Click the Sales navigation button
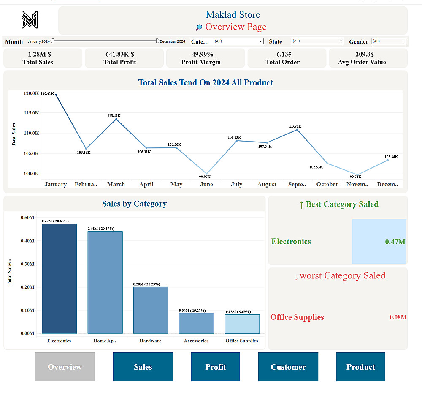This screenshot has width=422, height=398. click(x=143, y=367)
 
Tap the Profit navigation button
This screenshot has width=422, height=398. click(x=215, y=367)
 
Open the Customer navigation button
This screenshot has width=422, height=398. click(x=288, y=367)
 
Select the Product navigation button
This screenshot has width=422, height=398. click(x=360, y=367)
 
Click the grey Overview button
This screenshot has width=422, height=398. click(x=65, y=367)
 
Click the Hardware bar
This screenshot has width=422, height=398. click(x=151, y=310)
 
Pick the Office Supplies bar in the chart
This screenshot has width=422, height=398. click(x=242, y=324)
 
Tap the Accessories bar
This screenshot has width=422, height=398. click(x=196, y=323)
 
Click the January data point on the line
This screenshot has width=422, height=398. click(x=56, y=95)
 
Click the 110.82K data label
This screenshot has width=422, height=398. click(x=295, y=126)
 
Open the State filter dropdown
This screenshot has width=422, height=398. click(x=317, y=41)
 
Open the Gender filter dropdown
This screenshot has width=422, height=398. click(x=388, y=41)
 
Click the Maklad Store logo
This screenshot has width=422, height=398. click(x=30, y=19)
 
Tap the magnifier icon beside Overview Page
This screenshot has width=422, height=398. click(x=199, y=27)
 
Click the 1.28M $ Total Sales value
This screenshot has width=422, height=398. click(x=39, y=55)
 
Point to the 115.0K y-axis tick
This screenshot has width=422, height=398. click(x=31, y=113)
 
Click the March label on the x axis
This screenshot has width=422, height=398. click(x=116, y=185)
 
